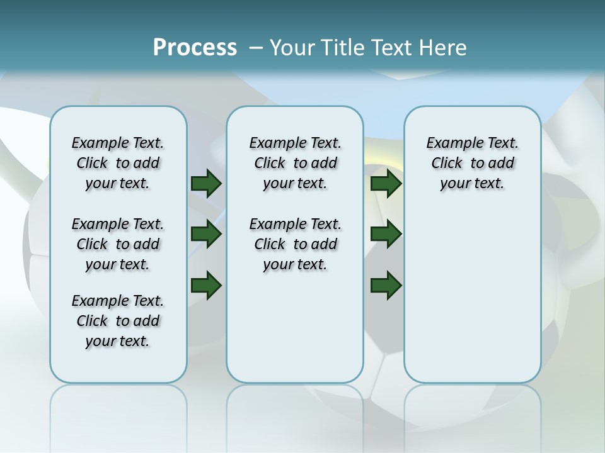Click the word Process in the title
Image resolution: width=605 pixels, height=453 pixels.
point(195,47)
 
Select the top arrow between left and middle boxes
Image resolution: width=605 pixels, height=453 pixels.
point(205,183)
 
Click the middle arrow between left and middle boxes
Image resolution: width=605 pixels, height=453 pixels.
point(205,234)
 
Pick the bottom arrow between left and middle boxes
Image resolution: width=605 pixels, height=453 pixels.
point(205,286)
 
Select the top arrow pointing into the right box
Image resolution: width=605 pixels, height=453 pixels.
point(386,183)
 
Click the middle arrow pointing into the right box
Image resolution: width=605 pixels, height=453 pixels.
point(386,234)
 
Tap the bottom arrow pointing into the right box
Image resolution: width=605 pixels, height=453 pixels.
point(386,286)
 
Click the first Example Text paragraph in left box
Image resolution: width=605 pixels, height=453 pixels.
point(118,163)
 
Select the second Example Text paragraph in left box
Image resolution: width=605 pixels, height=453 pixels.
point(118,244)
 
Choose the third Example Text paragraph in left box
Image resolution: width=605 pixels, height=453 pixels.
point(118,321)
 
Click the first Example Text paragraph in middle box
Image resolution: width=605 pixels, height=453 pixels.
point(295,163)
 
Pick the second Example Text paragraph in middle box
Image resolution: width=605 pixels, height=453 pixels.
point(295,244)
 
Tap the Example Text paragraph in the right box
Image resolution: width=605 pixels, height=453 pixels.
point(472,163)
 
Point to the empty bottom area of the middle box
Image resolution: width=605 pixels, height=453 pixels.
point(295,333)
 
